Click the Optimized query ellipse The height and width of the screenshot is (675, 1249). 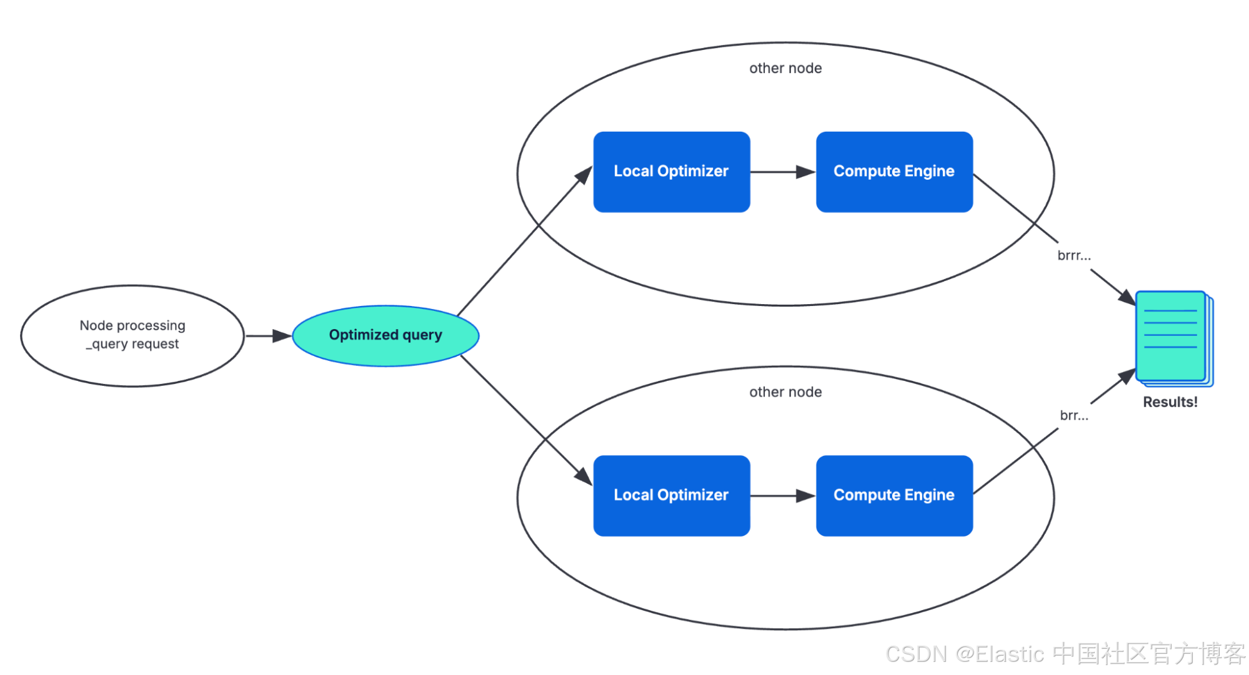pos(386,336)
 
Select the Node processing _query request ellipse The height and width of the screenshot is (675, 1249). pos(132,336)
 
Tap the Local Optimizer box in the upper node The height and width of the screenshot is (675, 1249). pos(672,172)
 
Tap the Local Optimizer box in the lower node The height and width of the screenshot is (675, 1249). pos(672,496)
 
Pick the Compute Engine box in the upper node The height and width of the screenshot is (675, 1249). pos(894,172)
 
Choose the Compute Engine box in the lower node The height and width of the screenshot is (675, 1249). pos(894,496)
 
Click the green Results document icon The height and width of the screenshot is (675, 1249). pos(1174,338)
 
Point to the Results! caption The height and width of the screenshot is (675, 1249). pos(1170,402)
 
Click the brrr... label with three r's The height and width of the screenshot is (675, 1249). pos(1074,255)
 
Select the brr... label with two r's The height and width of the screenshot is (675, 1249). pos(1074,415)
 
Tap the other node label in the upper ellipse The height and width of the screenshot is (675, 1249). pos(785,68)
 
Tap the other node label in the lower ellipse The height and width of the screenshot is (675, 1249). pos(785,392)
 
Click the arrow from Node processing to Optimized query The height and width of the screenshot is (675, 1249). pos(269,336)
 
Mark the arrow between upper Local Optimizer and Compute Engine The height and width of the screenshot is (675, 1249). pos(783,172)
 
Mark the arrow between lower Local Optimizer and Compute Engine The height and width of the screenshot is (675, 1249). pos(783,496)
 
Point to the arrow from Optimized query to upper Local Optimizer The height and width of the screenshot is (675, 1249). pos(525,241)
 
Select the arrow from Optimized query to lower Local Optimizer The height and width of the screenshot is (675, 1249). pos(527,420)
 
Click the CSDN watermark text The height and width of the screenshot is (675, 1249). pos(1065,654)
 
